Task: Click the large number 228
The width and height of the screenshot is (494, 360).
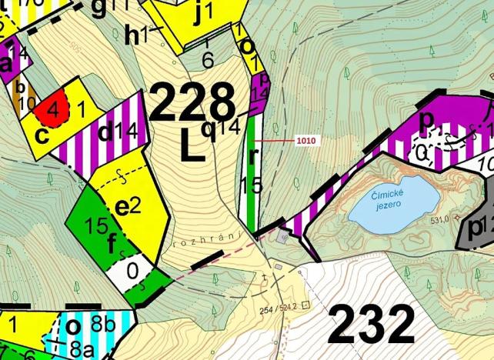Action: point(192,103)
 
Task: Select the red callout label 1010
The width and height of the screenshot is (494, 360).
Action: point(305,142)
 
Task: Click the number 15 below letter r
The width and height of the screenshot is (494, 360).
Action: point(252,185)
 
